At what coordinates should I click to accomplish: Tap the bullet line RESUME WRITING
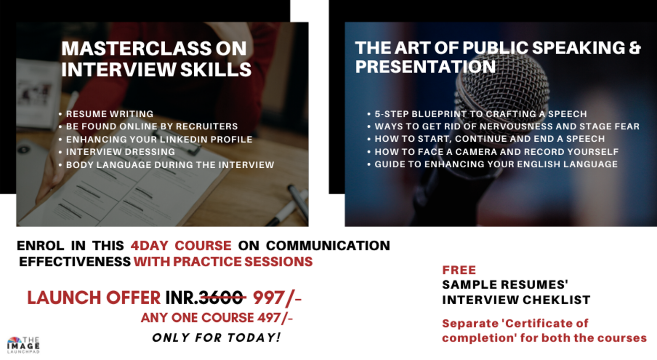(x=109, y=114)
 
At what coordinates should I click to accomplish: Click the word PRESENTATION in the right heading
(x=425, y=66)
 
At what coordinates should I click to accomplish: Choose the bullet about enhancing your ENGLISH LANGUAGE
(x=496, y=164)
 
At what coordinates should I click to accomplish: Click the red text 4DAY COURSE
(x=181, y=245)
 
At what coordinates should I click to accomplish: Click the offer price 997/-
(x=277, y=298)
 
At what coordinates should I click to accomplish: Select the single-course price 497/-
(x=274, y=318)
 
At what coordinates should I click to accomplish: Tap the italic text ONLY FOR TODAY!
(x=216, y=338)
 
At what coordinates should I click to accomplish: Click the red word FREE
(x=459, y=270)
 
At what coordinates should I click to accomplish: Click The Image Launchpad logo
(x=23, y=345)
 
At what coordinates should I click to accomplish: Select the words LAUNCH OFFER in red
(x=93, y=298)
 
